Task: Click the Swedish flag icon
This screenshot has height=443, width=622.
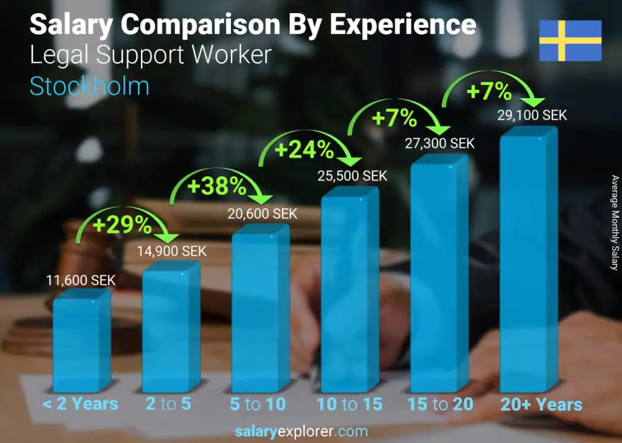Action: pos(570,41)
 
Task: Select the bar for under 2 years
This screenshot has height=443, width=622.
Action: pos(80,342)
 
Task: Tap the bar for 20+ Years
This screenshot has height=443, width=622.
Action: pos(529,263)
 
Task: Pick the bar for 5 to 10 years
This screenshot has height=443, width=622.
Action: pos(260,311)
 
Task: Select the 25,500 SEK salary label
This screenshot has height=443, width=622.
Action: pos(352,176)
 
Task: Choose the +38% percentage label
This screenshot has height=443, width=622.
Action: pos(217,185)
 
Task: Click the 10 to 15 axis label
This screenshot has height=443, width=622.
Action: pos(349,404)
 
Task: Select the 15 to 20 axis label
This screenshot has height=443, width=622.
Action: pos(440,404)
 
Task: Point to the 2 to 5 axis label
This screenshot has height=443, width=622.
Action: pos(168,404)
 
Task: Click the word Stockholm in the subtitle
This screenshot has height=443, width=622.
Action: pos(89,86)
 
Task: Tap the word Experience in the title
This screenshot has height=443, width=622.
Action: pos(402,25)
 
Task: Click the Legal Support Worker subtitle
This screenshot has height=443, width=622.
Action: pos(150,55)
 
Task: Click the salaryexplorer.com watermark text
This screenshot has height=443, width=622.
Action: pos(301,432)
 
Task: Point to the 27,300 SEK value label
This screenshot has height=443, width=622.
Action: pos(441,143)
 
